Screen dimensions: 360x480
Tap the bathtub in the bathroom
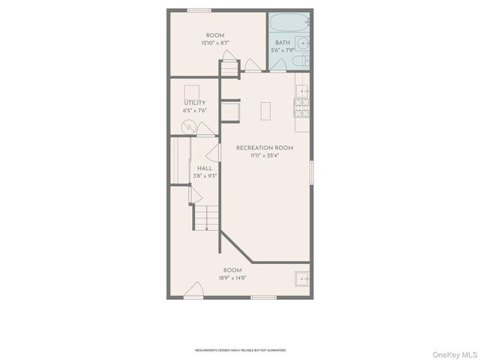point(290,23)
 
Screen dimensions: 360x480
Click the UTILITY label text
point(194,103)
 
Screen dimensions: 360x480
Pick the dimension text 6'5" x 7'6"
point(194,110)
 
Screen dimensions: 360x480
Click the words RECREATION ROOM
point(264,148)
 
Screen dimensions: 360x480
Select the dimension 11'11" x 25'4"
point(264,156)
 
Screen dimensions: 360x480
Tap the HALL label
point(205,168)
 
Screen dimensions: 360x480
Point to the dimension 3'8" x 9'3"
point(205,175)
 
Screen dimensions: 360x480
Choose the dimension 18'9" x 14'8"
point(232,277)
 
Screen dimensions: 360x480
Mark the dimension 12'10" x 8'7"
point(215,43)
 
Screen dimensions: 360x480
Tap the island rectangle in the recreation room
point(266,111)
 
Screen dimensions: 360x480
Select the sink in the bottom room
point(301,278)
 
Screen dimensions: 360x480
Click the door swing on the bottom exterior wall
point(194,290)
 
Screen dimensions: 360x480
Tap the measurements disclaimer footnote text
point(240,349)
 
